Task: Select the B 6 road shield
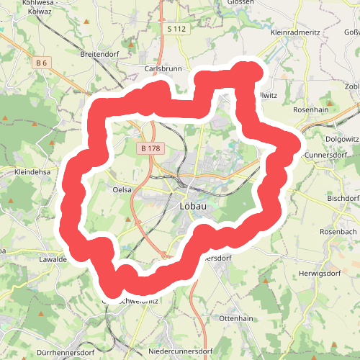[41, 63]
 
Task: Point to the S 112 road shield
[175, 29]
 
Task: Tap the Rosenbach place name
[338, 233]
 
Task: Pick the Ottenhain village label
[236, 318]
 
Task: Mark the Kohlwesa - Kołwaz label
[29, 6]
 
